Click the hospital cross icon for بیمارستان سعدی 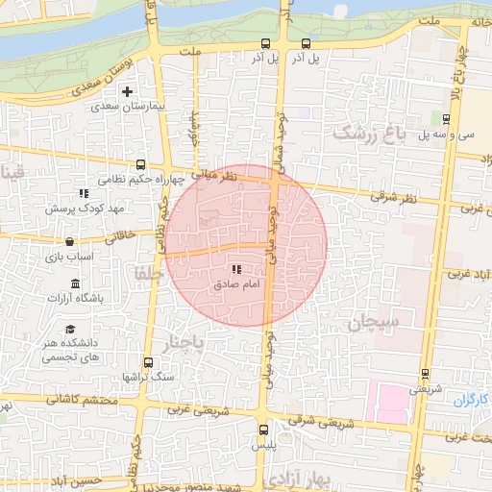[127, 91]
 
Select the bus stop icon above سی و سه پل [447, 119]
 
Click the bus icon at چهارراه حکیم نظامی [141, 164]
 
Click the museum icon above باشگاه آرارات [76, 283]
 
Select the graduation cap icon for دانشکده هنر [69, 330]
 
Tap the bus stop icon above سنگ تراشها [148, 363]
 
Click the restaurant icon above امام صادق [236, 270]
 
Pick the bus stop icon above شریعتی [425, 375]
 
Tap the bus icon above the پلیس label [264, 430]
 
